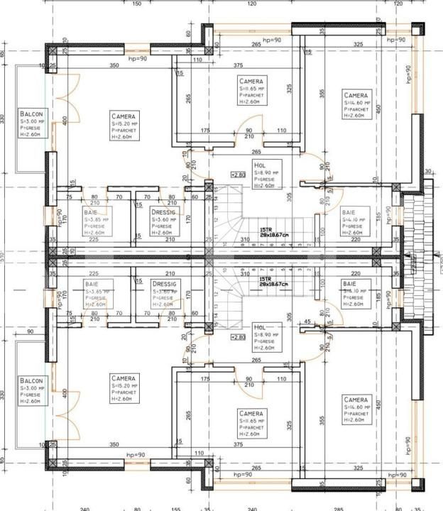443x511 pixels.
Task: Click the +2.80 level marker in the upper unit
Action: pos(239,174)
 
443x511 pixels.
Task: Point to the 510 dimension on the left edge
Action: pos(3,255)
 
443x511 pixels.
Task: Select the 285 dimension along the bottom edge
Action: pos(339,508)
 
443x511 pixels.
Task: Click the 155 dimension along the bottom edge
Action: pos(176,508)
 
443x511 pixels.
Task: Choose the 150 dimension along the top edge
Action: pos(138,4)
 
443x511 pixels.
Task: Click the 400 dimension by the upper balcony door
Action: pos(65,121)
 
